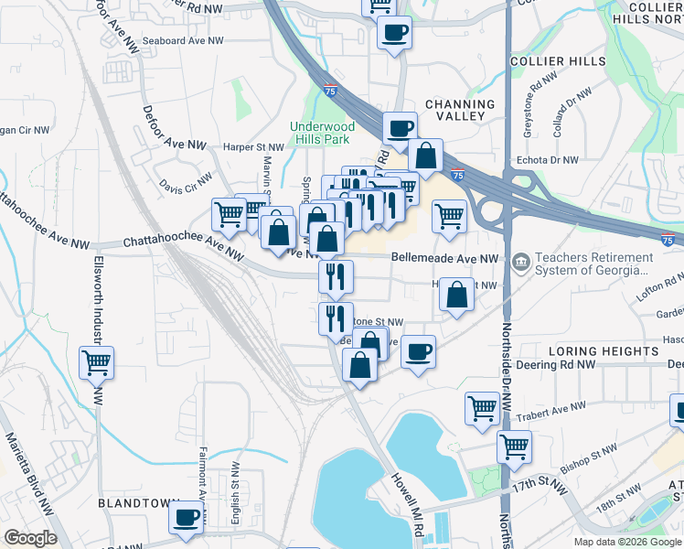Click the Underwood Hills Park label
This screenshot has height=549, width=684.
coord(320,133)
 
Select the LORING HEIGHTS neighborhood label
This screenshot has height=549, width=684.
coord(599,351)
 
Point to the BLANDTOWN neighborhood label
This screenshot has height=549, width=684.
coord(139,504)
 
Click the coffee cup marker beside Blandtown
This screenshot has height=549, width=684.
coord(188,518)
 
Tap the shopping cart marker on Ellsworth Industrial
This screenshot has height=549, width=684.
coord(96,364)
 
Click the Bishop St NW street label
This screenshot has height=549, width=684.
coord(590,453)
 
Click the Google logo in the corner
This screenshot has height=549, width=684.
coord(31,537)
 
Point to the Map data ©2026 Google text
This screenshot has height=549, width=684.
coord(626,542)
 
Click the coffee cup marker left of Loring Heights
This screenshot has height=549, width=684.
coord(418,352)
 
